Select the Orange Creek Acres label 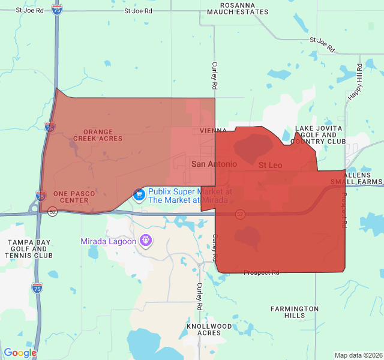pos(98,135)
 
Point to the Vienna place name pos(213,131)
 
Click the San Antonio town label pos(214,164)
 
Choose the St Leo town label pos(270,164)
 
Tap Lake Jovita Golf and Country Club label pos(319,135)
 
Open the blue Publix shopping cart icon pos(139,194)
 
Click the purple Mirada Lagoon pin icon pos(145,241)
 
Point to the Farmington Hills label pos(295,312)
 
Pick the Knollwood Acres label pos(209,329)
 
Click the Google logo pos(20,353)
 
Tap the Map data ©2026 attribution pos(358,355)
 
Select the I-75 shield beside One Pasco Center pos(40,196)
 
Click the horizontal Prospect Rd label pos(261,272)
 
